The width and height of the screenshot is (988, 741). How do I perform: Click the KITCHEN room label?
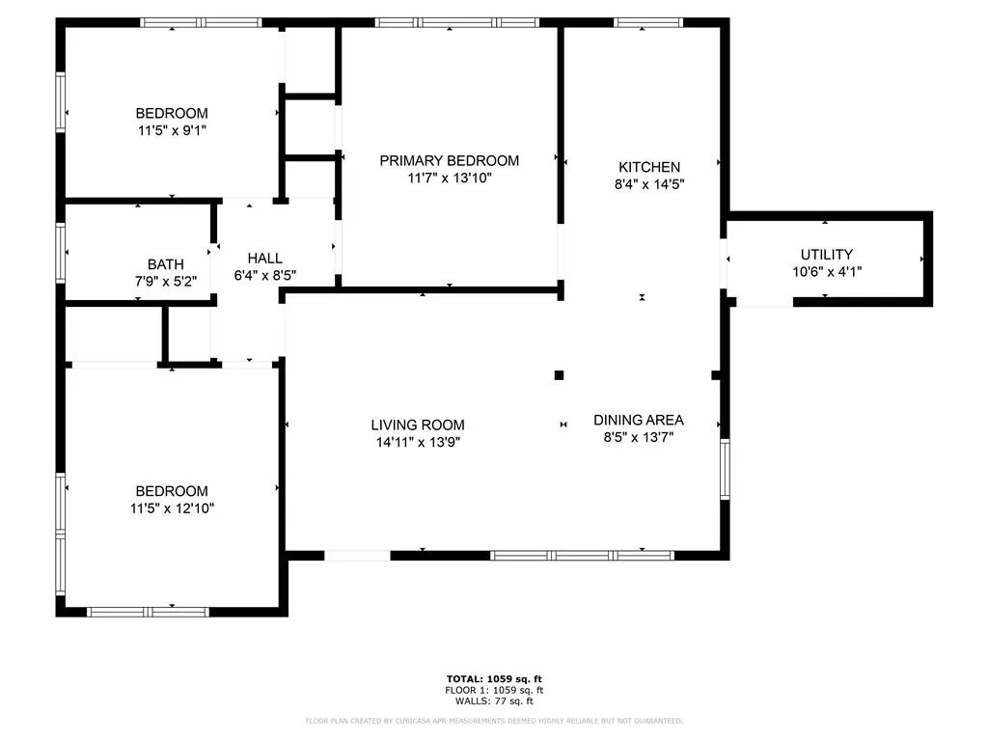(x=649, y=167)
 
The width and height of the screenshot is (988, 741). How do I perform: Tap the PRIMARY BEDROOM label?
(x=450, y=161)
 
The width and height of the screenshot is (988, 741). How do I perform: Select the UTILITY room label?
(x=827, y=255)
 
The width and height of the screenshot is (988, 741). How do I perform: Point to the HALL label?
(x=264, y=259)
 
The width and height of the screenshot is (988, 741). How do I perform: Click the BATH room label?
(x=166, y=264)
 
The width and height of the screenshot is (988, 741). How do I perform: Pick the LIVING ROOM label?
(x=418, y=425)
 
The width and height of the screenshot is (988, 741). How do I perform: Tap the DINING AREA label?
(x=639, y=421)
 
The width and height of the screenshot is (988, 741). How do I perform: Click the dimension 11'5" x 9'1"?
(x=172, y=131)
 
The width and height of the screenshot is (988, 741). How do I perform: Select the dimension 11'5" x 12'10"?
(x=172, y=508)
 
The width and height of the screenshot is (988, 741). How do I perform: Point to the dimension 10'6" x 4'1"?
(x=827, y=271)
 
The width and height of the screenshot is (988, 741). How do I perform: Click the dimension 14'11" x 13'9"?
(x=418, y=442)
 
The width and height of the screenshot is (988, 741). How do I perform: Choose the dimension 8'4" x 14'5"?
(x=649, y=184)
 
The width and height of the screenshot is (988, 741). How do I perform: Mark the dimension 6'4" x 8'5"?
(x=264, y=275)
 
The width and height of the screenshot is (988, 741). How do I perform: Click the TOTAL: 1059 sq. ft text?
(x=494, y=678)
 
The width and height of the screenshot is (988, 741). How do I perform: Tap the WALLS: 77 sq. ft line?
(x=494, y=700)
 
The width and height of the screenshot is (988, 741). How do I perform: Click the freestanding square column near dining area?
(x=559, y=375)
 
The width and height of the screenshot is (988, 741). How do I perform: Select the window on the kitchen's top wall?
(x=648, y=23)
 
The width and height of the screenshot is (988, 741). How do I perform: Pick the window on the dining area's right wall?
(x=725, y=470)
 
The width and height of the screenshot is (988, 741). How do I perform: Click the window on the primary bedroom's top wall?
(x=456, y=23)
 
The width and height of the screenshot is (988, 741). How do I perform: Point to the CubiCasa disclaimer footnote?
(x=494, y=721)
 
